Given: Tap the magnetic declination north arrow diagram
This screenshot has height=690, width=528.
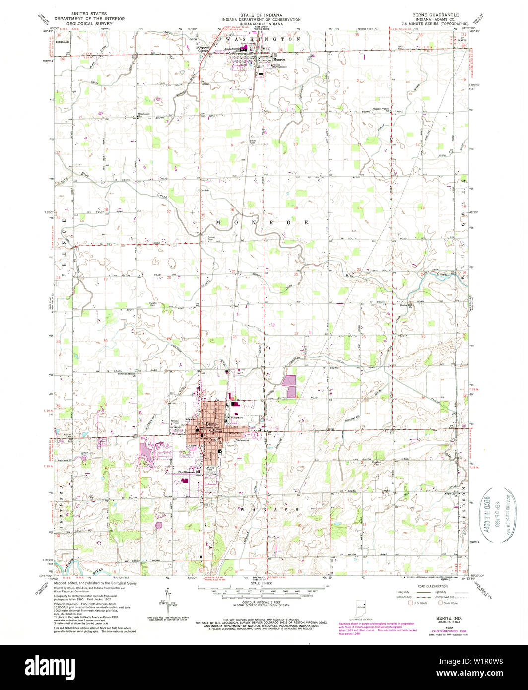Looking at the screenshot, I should (x=168, y=601).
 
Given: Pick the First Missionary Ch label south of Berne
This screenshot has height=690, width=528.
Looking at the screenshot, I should (x=189, y=472).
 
